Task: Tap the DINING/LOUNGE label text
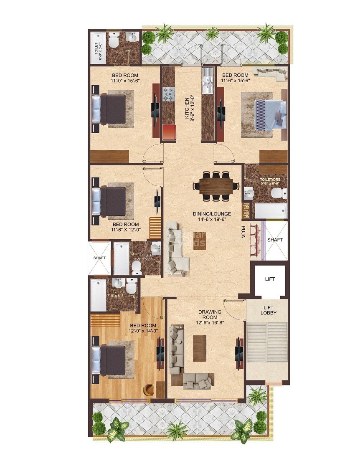point(209,213)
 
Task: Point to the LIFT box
point(270,279)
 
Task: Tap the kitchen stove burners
point(168,94)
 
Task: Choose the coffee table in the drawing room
point(200,348)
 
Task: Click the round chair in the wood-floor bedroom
point(149,388)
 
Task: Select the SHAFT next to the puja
point(275,240)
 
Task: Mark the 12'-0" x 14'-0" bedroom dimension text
point(143,331)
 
